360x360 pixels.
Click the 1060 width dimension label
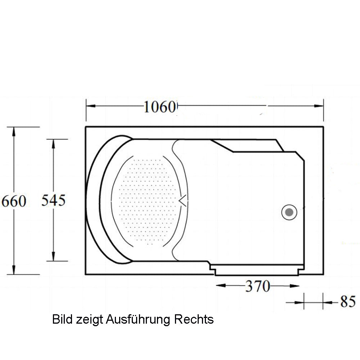(160, 107)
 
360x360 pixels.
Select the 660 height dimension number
(14, 201)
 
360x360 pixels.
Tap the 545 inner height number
(53, 200)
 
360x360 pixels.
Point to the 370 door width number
(258, 286)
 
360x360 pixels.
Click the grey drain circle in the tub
(289, 212)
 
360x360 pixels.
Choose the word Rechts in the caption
(194, 319)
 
